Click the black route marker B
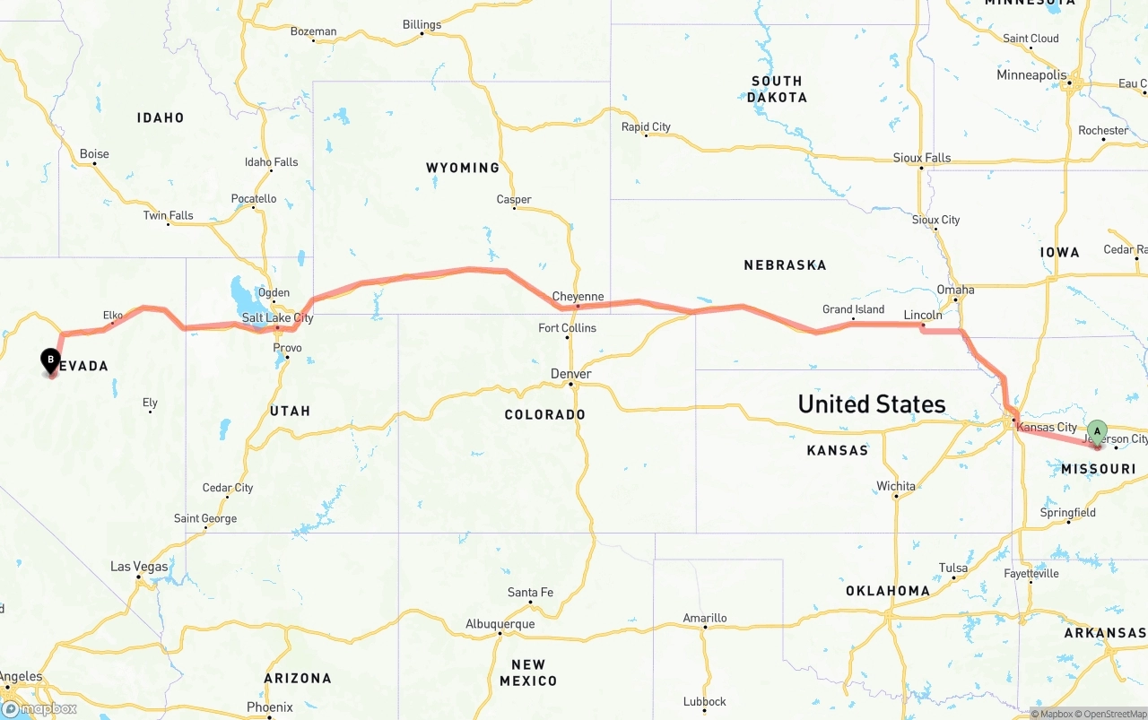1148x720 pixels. coord(51,360)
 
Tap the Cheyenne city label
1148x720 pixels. coord(578,297)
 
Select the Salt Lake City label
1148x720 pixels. coord(277,317)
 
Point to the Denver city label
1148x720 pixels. coord(571,374)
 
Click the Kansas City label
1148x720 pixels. coord(1047,428)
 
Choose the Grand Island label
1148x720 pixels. coord(853,309)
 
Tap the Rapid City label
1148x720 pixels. coord(646,126)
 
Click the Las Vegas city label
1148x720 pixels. coord(139,567)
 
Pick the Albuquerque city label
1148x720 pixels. coord(500,624)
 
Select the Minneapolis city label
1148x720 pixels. coord(1031,75)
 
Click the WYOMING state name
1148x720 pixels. coord(463,168)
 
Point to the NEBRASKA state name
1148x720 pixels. coord(785,265)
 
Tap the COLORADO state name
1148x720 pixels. coord(544,415)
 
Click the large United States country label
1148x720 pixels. coord(871,404)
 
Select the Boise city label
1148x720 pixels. coord(94,153)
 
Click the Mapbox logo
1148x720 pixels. coord(40,708)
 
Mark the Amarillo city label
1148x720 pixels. coord(704,618)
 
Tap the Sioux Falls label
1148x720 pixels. coord(921,158)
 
